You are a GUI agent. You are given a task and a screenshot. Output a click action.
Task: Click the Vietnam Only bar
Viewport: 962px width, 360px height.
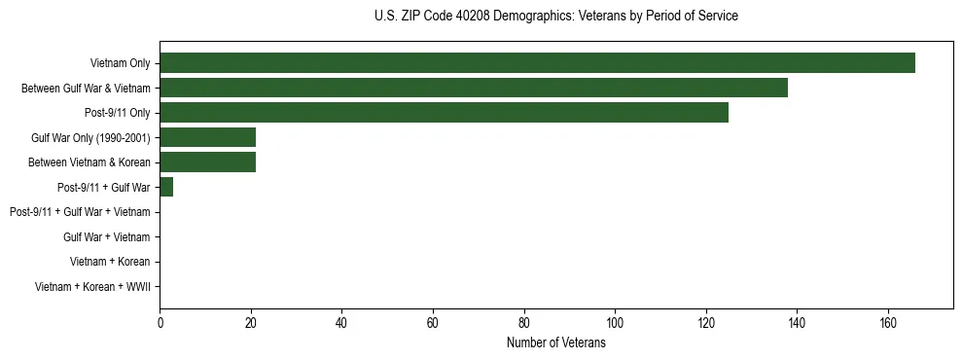coord(537,63)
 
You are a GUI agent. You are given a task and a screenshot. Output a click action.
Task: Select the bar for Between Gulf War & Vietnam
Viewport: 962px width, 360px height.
coord(474,89)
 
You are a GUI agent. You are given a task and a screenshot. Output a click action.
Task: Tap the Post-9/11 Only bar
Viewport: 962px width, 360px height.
coord(444,113)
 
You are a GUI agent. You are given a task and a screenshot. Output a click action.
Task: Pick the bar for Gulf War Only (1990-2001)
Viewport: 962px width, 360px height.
coord(207,137)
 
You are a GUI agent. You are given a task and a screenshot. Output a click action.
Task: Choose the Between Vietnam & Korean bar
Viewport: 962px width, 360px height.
coord(207,162)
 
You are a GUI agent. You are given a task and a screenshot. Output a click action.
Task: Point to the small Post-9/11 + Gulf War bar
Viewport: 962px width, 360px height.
coord(166,187)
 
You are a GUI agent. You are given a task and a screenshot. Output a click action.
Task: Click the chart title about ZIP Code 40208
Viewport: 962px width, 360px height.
coord(555,17)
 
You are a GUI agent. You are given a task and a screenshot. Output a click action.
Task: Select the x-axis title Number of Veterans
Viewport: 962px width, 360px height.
coord(555,343)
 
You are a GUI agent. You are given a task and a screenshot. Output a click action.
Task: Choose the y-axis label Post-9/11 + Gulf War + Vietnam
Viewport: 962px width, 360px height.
coord(80,212)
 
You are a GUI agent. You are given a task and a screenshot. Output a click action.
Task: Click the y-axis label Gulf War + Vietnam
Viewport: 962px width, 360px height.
coord(106,237)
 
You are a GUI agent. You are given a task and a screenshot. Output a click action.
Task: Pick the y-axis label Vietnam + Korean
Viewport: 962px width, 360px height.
coord(110,262)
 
